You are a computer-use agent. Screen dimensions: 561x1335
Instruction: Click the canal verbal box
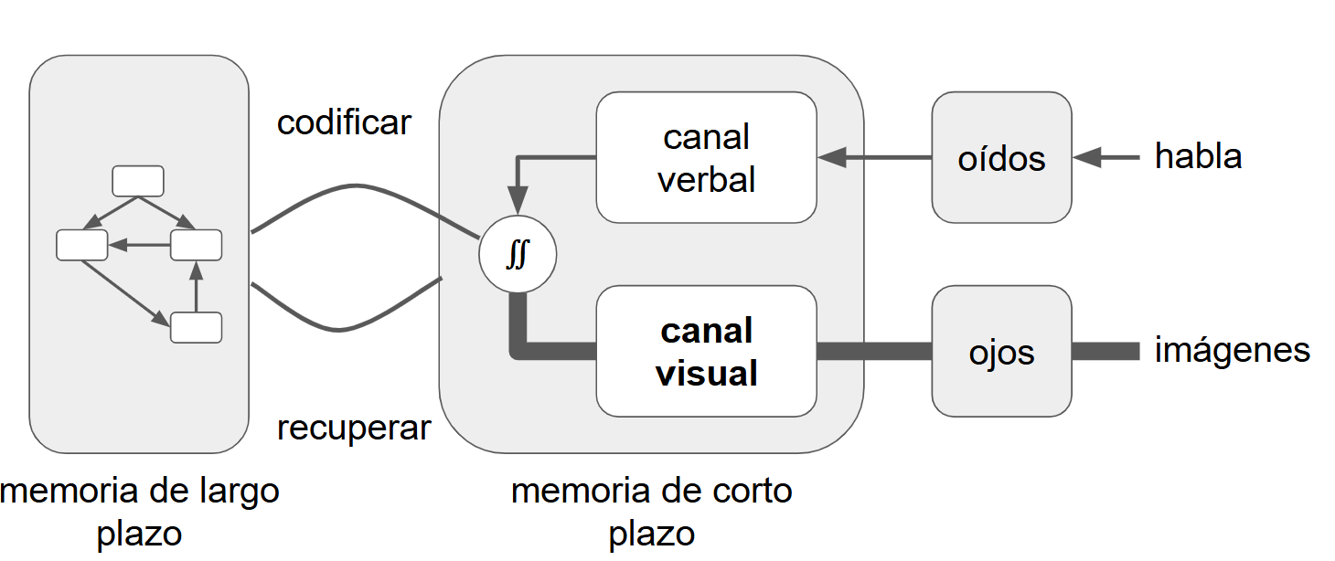tap(706, 157)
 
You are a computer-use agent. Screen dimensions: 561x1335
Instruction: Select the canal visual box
tap(706, 352)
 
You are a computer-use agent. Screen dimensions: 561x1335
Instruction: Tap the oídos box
tap(1001, 157)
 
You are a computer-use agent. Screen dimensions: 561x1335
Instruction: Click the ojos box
tap(1001, 352)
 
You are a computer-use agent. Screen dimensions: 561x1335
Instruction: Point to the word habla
tap(1198, 156)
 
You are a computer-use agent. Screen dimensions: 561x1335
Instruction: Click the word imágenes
tap(1232, 350)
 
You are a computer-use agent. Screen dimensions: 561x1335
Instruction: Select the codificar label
tap(344, 122)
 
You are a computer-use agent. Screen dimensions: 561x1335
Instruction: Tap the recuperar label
tap(354, 427)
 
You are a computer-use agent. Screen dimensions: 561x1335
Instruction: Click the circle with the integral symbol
tap(518, 254)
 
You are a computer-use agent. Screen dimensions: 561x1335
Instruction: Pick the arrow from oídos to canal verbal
tap(873, 158)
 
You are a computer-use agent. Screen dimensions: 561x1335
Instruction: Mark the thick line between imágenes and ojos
tap(1105, 351)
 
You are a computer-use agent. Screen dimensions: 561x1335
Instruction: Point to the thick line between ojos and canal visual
tap(873, 351)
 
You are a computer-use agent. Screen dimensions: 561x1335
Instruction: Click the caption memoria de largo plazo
tap(139, 512)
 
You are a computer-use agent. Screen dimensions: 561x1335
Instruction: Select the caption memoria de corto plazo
tap(651, 512)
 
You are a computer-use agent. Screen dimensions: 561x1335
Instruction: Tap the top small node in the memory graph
tap(137, 181)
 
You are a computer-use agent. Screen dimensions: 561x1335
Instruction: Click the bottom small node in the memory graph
tap(196, 327)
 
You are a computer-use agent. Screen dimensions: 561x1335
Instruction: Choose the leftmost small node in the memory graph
tap(82, 245)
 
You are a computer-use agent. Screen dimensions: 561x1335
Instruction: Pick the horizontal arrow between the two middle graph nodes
tap(139, 245)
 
